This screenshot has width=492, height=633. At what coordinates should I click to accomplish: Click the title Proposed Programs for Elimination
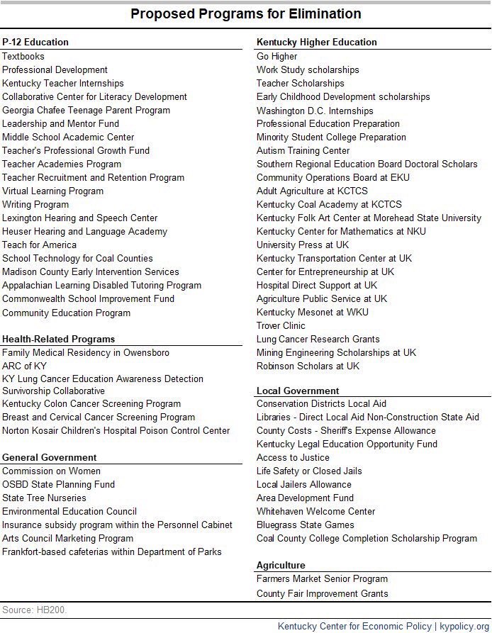[x=246, y=14]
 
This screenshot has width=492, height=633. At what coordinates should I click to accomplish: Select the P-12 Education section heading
[x=35, y=42]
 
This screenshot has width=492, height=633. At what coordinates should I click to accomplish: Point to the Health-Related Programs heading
[x=58, y=339]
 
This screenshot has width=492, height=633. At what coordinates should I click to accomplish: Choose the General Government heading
[x=50, y=457]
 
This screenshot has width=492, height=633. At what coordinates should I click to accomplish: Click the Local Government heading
[x=298, y=391]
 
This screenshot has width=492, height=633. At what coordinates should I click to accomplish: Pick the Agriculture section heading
[x=281, y=565]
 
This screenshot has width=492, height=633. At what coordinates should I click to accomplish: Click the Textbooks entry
[x=23, y=56]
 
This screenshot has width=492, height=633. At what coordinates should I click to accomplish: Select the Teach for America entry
[x=39, y=245]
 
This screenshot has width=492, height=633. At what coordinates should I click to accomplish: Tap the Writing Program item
[x=35, y=204]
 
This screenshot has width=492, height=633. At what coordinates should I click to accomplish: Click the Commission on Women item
[x=51, y=471]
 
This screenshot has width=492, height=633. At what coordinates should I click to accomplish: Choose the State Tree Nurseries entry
[x=44, y=498]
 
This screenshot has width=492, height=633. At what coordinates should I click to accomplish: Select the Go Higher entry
[x=277, y=56]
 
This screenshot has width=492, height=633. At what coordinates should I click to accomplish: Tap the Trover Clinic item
[x=281, y=325]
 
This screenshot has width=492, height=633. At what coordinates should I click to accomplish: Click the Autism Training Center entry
[x=303, y=150]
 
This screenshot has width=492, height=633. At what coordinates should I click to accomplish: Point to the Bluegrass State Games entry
[x=306, y=525]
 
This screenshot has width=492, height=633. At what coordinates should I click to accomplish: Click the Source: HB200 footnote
[x=35, y=610]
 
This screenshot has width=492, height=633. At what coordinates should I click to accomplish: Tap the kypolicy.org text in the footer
[x=465, y=626]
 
